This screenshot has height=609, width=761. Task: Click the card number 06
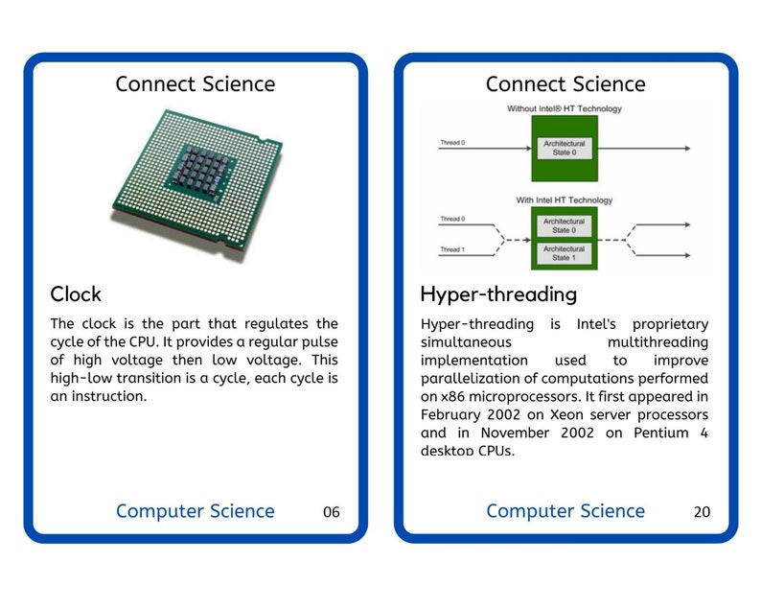click(x=331, y=512)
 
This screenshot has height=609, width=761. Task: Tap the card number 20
click(x=702, y=512)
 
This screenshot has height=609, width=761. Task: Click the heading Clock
click(x=76, y=293)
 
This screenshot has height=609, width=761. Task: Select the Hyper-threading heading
click(x=498, y=293)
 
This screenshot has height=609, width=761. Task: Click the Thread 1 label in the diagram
click(x=452, y=249)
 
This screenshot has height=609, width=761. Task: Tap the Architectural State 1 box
click(x=564, y=253)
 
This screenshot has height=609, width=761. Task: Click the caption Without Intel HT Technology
click(x=564, y=108)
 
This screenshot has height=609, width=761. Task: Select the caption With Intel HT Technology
click(x=564, y=199)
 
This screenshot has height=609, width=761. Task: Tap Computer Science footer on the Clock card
click(x=195, y=511)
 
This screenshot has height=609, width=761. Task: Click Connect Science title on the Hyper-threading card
click(x=565, y=83)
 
